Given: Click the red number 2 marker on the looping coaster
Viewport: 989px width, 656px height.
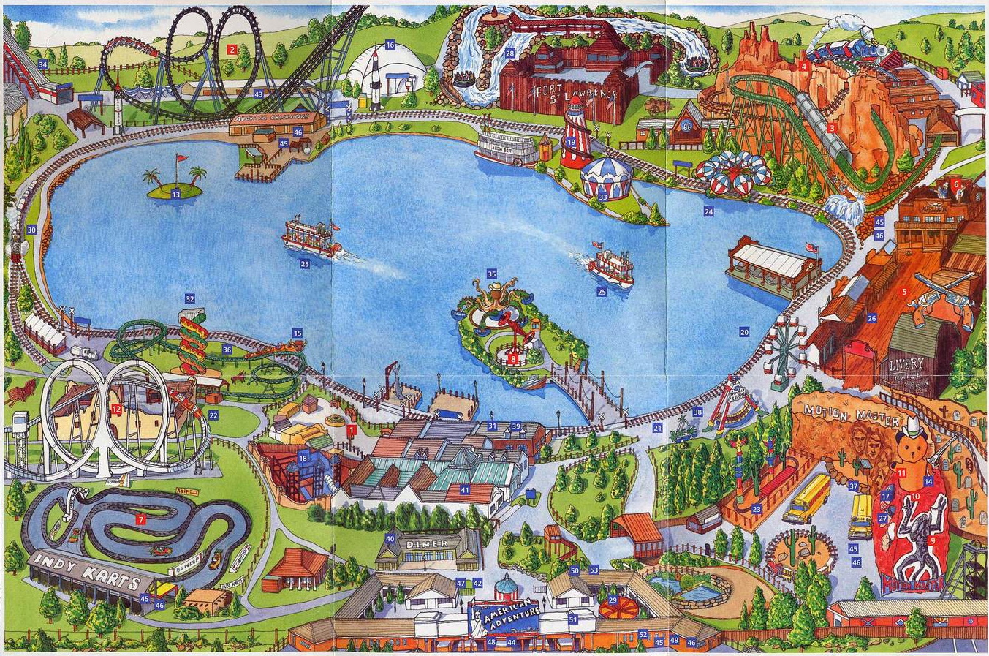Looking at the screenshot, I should [x=232, y=50].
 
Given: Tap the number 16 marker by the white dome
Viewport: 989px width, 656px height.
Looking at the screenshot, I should [x=390, y=45].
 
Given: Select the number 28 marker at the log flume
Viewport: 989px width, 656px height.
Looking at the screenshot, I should [x=509, y=53].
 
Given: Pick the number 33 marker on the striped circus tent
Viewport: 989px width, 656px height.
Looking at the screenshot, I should [x=603, y=196].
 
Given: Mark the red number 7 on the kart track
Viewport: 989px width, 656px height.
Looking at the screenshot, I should [x=140, y=519].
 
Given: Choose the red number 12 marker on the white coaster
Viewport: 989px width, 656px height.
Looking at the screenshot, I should [x=116, y=410].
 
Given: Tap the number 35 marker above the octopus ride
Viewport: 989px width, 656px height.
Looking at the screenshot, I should [x=491, y=274].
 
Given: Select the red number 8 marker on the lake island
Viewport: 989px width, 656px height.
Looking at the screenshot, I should [x=513, y=358].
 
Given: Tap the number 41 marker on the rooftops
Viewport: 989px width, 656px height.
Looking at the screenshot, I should [x=465, y=489].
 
